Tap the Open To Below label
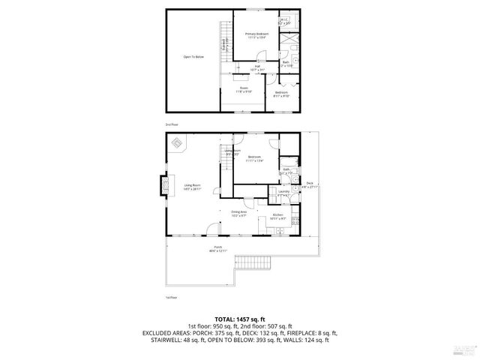tap(193, 57)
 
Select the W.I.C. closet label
tap(284, 22)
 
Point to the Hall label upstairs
tap(256, 67)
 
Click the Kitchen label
tap(277, 216)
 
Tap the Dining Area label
tap(239, 214)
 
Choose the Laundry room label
tap(283, 193)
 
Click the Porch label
tap(218, 248)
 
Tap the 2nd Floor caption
tap(172, 124)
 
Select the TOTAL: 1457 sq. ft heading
tap(239, 319)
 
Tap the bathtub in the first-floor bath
tap(289, 161)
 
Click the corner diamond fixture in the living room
tap(177, 142)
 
